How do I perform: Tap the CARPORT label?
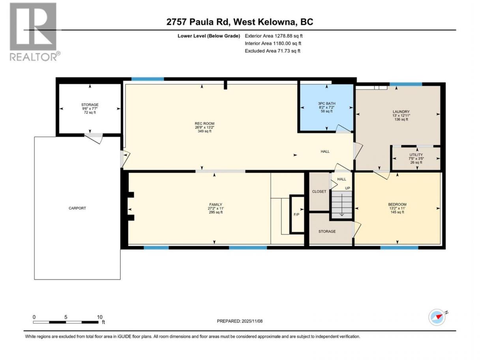pos(77,208)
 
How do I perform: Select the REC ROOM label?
pos(204,124)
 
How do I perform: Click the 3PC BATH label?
pos(326,103)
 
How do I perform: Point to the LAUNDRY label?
pos(401,111)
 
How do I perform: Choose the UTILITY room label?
pos(416,154)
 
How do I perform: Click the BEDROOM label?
pos(397,204)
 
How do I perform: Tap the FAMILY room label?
pos(216,204)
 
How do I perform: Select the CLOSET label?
pos(319,191)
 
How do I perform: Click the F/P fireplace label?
pos(296,215)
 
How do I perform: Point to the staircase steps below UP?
pos(341,204)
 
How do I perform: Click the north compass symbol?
pos(437,317)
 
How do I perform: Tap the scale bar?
pos(66,322)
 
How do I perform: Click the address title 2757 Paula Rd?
pos(197,22)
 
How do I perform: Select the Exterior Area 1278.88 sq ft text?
pos(274,36)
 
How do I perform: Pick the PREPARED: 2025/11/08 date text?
pos(240,321)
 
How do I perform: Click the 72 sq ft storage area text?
pos(90,112)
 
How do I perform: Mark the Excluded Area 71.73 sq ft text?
pos(272,51)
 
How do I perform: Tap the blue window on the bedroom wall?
pos(399,247)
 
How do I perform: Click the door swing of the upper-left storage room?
pos(94,138)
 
